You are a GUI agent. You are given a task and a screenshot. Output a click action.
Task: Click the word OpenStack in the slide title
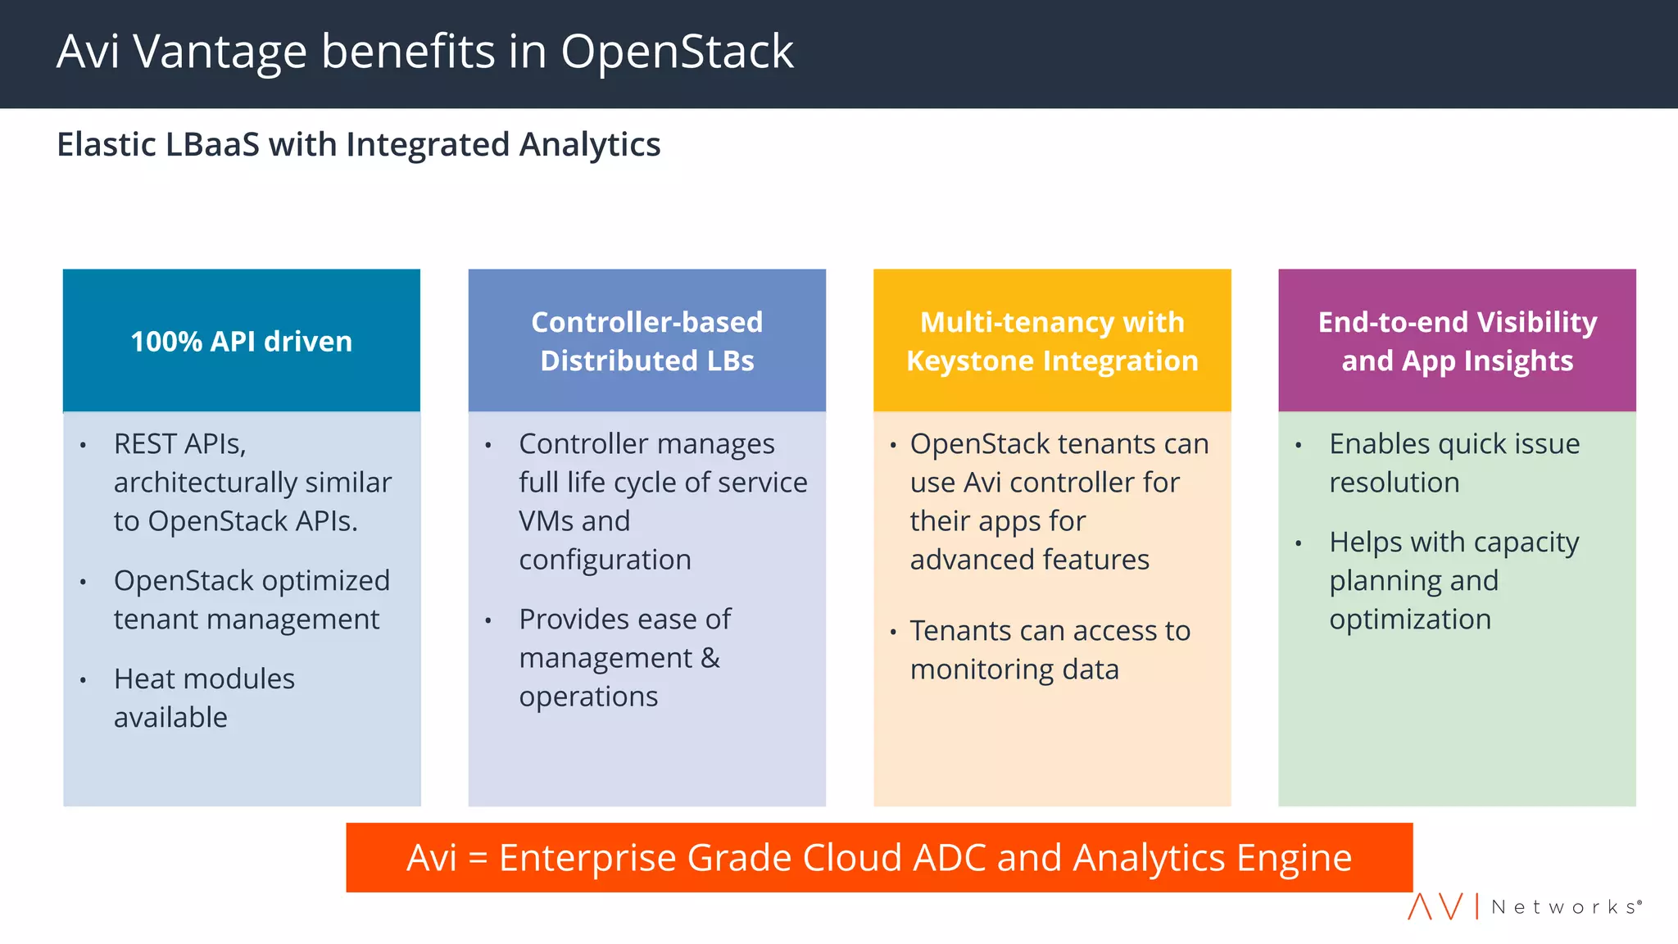tap(677, 52)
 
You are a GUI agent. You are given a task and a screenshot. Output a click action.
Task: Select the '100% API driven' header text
tap(242, 342)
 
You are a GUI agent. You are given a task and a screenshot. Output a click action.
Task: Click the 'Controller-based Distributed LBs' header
tap(646, 341)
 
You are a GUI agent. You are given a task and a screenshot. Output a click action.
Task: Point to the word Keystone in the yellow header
tap(970, 361)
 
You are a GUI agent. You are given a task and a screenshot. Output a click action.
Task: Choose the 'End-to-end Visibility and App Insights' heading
tap(1457, 341)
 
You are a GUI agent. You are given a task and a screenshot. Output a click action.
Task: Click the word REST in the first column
tap(144, 444)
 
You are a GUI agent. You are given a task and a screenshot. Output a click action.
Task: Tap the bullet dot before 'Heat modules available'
tap(84, 680)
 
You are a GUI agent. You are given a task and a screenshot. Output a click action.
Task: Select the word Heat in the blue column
tap(143, 679)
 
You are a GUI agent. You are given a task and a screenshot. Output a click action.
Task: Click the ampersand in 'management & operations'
tap(710, 658)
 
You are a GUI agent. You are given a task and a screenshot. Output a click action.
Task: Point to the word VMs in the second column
tap(546, 521)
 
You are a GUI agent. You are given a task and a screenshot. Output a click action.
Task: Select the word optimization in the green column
tap(1410, 619)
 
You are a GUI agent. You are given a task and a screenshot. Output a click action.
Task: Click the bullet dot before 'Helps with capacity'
tap(1299, 543)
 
